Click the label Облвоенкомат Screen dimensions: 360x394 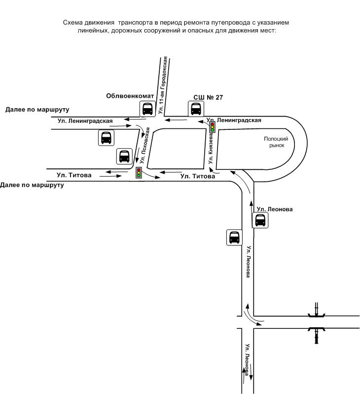(x=130, y=96)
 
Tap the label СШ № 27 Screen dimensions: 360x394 (x=208, y=97)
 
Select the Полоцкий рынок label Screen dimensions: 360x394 (x=276, y=142)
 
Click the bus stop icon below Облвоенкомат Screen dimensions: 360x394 (x=147, y=109)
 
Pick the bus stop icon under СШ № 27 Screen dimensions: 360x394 (x=196, y=109)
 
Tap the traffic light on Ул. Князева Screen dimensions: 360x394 (x=213, y=127)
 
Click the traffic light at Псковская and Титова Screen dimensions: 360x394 (x=139, y=173)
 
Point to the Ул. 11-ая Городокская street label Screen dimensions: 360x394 (x=163, y=85)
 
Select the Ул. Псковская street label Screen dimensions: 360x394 (x=145, y=146)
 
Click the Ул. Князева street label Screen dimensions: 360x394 (x=211, y=148)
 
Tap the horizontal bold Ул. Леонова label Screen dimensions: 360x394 (x=275, y=209)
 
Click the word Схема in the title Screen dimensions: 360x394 (x=72, y=23)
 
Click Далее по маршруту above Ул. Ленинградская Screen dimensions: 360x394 (x=37, y=110)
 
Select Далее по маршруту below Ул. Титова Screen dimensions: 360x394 (x=32, y=185)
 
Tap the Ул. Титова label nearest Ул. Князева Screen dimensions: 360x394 (x=198, y=176)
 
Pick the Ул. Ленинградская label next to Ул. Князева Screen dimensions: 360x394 (x=234, y=120)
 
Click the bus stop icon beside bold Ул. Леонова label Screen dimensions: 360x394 (x=260, y=220)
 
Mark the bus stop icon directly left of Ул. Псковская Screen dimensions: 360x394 (x=124, y=157)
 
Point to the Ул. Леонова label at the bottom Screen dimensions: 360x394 (x=248, y=359)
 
